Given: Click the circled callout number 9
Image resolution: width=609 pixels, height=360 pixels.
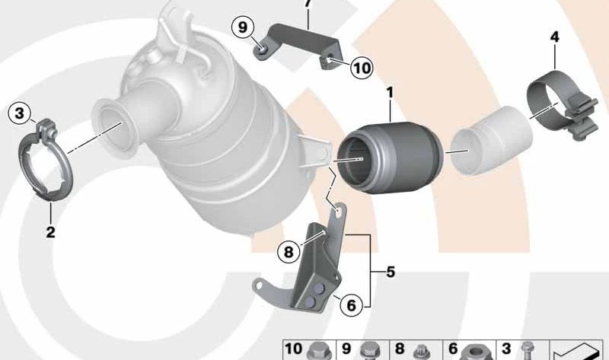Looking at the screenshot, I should tap(243, 27).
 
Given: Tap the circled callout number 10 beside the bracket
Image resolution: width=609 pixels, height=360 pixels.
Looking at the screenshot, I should tap(362, 68).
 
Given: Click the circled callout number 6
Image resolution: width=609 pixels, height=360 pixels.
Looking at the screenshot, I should tap(351, 306).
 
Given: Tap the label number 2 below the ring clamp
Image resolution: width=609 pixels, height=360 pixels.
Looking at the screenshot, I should tap(50, 232).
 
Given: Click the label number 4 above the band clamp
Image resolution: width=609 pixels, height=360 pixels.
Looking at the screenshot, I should tap(554, 36).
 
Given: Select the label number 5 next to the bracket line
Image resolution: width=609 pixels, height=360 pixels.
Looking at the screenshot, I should tap(390, 270).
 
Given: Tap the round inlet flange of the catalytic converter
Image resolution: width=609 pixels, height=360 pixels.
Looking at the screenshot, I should tap(111, 125).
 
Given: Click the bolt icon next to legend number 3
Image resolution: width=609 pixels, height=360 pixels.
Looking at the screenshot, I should tap(527, 349).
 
